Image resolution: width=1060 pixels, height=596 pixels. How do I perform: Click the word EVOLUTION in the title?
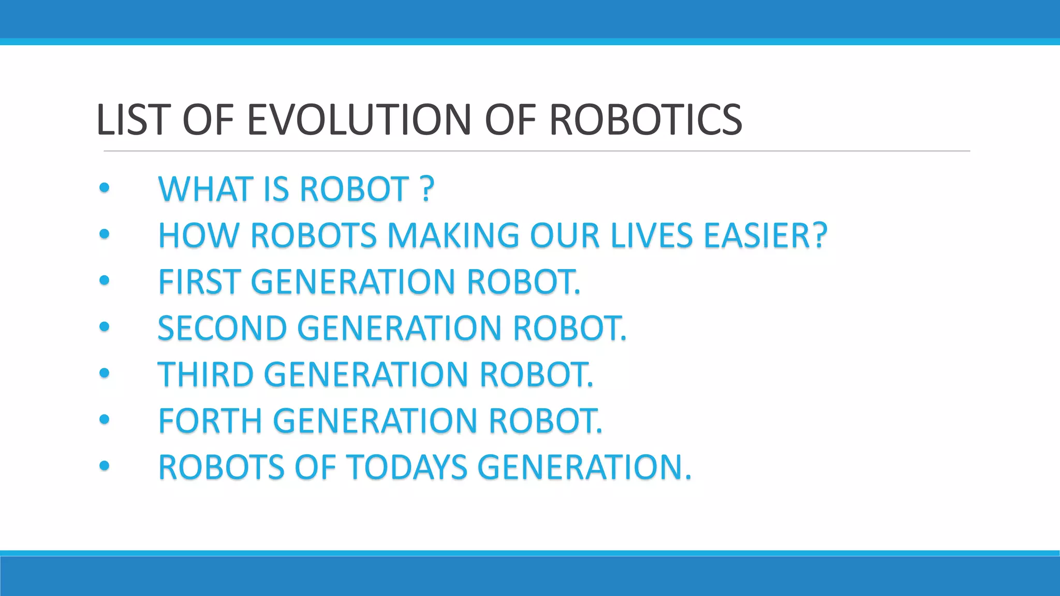coord(359,120)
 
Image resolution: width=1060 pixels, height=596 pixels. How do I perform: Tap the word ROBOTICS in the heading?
coord(645,120)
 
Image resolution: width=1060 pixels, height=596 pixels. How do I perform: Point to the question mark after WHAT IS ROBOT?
coord(428,189)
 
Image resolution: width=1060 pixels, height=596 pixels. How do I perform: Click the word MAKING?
coord(453,235)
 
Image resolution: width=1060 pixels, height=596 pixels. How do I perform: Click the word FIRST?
coord(199,282)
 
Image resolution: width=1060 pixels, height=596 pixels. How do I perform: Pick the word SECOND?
coord(222,329)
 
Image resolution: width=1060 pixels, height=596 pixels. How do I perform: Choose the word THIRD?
coord(205,375)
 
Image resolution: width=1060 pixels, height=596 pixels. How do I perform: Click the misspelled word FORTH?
coord(210,421)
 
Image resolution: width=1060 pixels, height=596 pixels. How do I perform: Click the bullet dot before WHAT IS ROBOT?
coord(105,188)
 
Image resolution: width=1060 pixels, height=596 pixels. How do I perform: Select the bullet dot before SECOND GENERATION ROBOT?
coord(105,327)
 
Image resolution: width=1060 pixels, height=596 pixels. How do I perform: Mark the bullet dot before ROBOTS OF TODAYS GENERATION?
coord(105,466)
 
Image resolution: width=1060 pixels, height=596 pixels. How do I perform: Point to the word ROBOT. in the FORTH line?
coord(546,421)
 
